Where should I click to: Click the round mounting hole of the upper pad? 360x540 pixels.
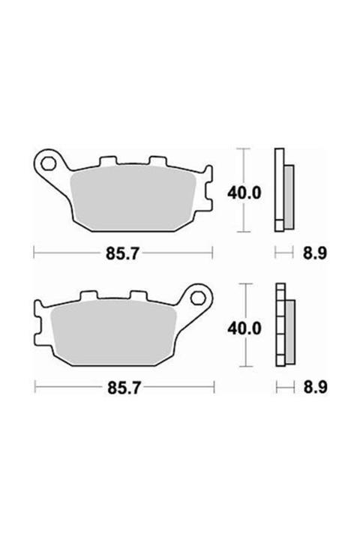(x=51, y=163)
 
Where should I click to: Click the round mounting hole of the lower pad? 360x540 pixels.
(x=199, y=297)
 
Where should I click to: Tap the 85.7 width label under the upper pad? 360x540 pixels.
(x=123, y=254)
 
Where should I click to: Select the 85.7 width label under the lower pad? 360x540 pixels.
(x=123, y=388)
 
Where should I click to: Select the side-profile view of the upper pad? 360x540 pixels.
(x=283, y=189)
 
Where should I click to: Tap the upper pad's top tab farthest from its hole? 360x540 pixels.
(x=157, y=161)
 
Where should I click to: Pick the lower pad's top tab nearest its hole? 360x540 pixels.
(x=137, y=296)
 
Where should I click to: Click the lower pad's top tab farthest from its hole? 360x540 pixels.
(x=88, y=296)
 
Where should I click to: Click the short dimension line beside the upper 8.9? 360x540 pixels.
(x=283, y=254)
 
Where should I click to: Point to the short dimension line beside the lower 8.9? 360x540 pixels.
(x=283, y=388)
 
